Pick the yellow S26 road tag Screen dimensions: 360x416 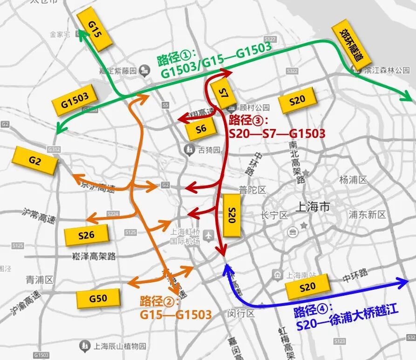(87, 235)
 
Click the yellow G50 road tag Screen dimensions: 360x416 (98, 299)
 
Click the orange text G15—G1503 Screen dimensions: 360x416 (176, 315)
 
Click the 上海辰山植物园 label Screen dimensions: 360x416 (120, 346)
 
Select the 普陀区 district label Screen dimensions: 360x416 (252, 190)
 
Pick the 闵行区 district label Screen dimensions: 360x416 (241, 313)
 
